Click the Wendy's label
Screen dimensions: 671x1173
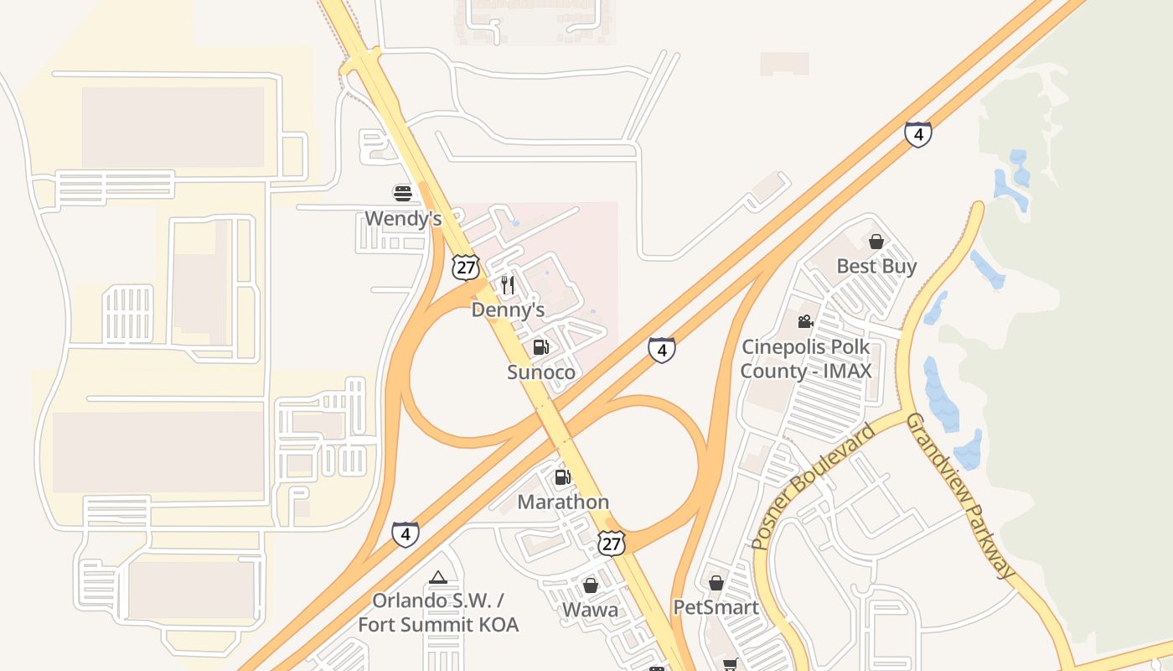403,219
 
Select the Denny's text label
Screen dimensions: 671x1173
508,310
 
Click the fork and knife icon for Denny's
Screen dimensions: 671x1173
508,285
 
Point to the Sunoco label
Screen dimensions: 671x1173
541,372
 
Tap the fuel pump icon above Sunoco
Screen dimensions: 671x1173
541,347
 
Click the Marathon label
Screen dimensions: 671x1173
563,502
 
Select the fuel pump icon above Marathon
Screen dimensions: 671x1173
563,477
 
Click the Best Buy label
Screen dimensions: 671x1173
876,267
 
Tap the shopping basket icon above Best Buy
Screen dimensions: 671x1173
876,242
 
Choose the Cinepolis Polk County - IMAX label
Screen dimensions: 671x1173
806,359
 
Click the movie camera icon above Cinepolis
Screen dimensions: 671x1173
805,321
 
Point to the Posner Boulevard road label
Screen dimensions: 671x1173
814,486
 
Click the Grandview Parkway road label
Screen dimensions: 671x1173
962,495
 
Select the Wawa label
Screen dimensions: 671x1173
591,610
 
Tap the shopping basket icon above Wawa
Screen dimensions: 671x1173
591,585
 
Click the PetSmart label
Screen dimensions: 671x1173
716,607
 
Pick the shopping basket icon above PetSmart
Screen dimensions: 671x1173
716,582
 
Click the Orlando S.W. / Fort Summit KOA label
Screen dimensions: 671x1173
438,612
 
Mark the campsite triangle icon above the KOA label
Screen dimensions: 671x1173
438,577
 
